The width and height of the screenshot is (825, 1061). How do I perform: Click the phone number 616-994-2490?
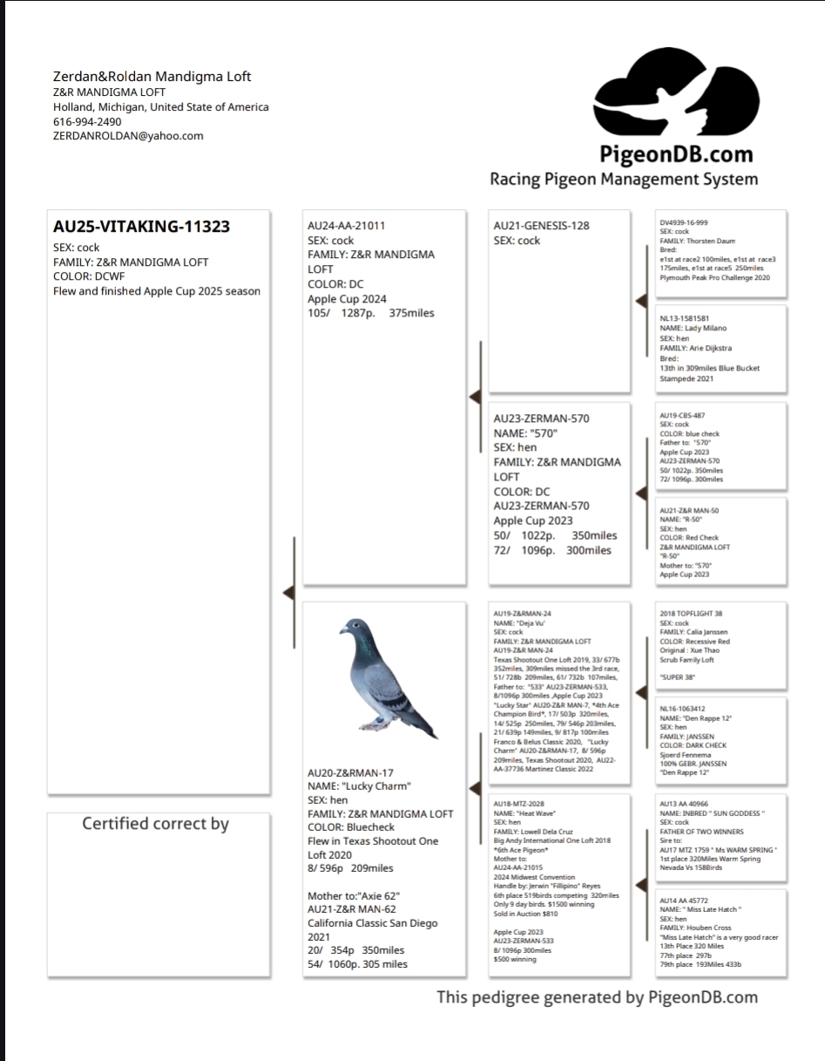pos(87,121)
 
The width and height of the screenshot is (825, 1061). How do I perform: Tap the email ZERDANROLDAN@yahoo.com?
pos(128,136)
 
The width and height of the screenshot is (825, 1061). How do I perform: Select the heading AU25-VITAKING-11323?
pos(141,227)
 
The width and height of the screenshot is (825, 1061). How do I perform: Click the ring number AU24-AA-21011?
pos(347,226)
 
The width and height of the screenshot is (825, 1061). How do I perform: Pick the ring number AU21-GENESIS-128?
pos(541,226)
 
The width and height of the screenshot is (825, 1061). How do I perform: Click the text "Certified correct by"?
pos(155,824)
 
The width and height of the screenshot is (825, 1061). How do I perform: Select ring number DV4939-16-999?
pos(684,222)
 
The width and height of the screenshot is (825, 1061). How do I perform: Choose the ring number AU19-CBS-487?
pos(683,416)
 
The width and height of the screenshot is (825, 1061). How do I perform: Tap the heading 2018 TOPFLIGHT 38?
pos(691,614)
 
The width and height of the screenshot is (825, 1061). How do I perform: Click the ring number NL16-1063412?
pos(683,709)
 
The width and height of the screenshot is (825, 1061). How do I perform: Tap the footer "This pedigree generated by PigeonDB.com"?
pos(597,997)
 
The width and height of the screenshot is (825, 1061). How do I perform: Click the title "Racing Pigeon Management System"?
pos(624,180)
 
